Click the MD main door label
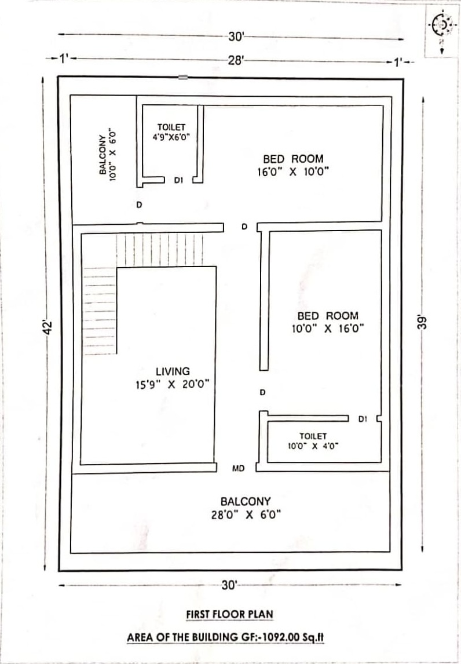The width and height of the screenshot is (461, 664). (x=239, y=468)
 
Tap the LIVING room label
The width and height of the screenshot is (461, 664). (x=173, y=371)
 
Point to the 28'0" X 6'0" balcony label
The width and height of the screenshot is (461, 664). (x=246, y=515)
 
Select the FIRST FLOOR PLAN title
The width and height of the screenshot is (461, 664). (x=229, y=614)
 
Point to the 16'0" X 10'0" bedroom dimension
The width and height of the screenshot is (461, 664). (x=294, y=172)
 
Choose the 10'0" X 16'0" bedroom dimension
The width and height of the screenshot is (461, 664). (x=328, y=329)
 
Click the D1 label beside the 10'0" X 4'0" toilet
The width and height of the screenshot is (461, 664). (x=363, y=419)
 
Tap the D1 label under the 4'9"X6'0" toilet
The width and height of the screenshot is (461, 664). (x=178, y=180)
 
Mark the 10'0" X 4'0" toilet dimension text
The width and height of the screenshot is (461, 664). (x=313, y=446)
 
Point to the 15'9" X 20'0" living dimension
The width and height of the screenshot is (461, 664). (x=172, y=385)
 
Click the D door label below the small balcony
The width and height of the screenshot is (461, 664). (x=139, y=205)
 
